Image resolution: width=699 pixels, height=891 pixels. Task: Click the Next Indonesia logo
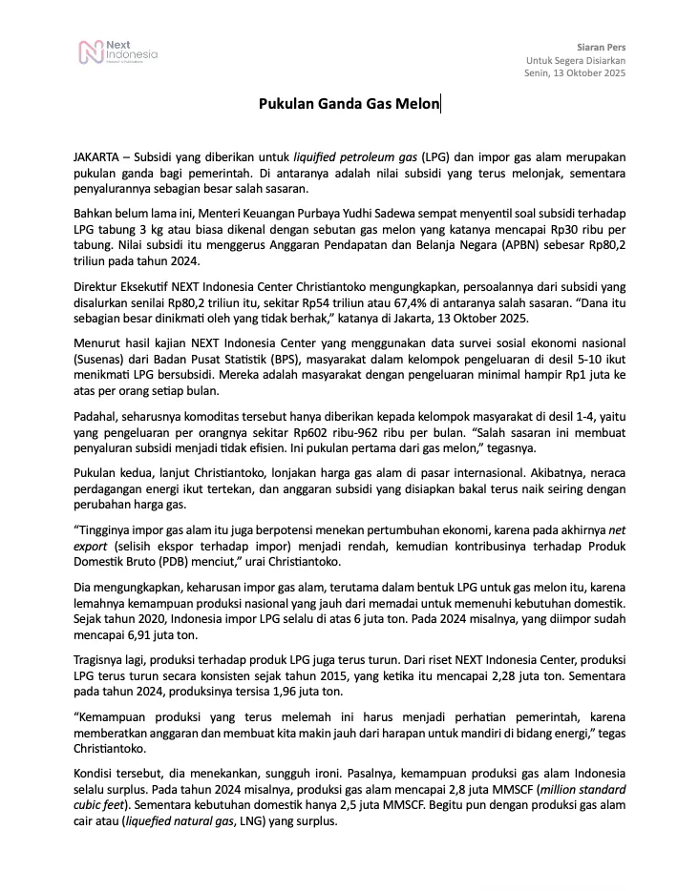tap(117, 52)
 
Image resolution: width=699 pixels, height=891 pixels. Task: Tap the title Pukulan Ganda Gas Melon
tap(349, 105)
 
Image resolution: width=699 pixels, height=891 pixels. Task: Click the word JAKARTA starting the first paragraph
tap(96, 155)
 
